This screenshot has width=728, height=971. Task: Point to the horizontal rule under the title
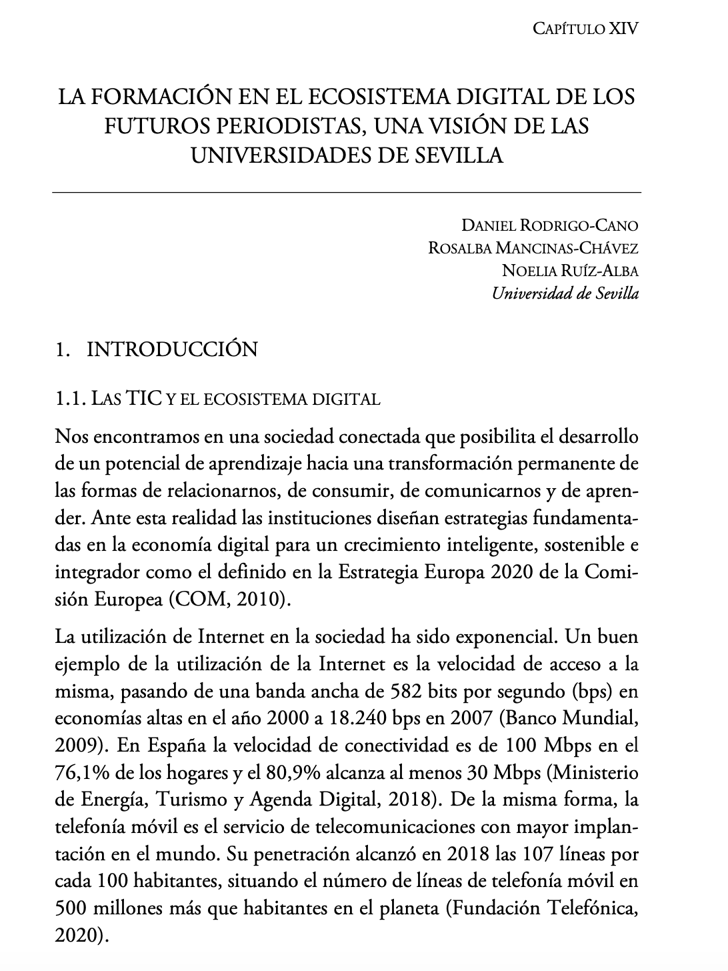[346, 193]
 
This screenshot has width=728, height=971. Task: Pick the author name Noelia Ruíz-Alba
[570, 271]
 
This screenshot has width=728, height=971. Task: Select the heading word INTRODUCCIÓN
[173, 349]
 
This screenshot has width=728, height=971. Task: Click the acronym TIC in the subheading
[145, 399]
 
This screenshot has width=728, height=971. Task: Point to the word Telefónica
[592, 908]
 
